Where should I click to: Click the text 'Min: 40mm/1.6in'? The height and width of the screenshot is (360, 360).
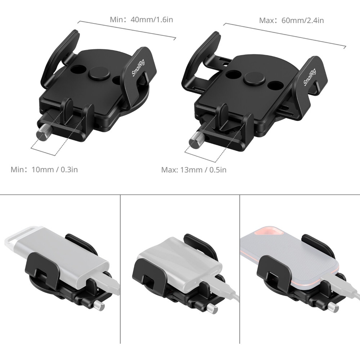pyautogui.click(x=141, y=19)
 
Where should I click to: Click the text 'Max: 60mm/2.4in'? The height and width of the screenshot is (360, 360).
pyautogui.click(x=291, y=21)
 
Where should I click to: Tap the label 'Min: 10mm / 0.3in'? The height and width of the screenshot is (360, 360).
pyautogui.click(x=44, y=170)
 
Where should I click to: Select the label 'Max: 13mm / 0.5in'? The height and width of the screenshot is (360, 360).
pyautogui.click(x=194, y=170)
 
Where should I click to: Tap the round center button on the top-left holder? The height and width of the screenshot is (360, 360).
pyautogui.click(x=97, y=73)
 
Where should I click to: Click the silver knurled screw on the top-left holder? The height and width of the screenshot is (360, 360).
pyautogui.click(x=43, y=135)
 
